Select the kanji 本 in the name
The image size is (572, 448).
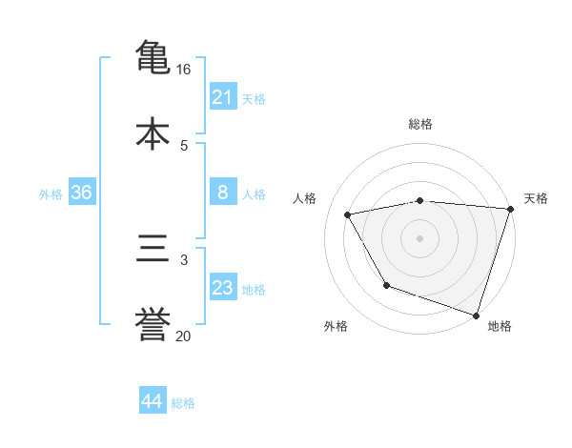coord(153,132)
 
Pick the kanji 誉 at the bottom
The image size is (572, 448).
coord(153,324)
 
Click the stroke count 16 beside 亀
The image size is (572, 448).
coord(184,70)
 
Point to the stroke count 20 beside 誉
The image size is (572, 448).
coord(184,336)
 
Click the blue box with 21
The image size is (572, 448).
coord(222,97)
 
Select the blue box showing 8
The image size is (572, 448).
coord(222,193)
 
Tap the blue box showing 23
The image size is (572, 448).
coord(222,288)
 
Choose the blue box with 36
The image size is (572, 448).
coord(82,193)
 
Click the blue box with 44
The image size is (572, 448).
coord(152,401)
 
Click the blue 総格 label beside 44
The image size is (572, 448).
coord(183,403)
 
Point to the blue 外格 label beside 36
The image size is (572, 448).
coord(51,194)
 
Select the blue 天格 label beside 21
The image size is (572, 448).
coord(254,99)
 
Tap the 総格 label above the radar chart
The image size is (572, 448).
coord(420,124)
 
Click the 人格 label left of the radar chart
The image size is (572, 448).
coord(306,198)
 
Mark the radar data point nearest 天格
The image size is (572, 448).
coord(510,209)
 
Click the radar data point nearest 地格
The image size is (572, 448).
coord(476,315)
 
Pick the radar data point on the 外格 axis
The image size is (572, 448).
coord(386,285)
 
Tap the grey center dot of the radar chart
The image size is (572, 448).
coord(420,237)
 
